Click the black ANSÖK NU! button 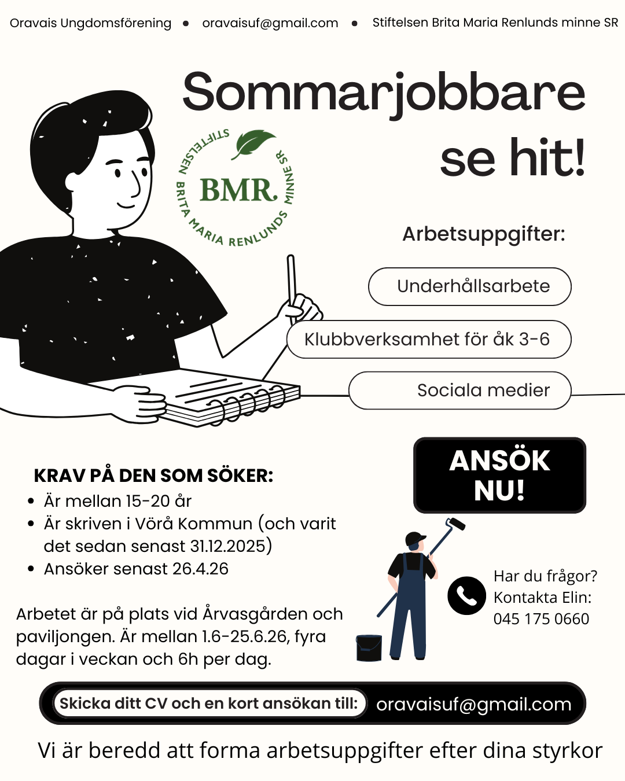coord(499,475)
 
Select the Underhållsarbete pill coord(470,286)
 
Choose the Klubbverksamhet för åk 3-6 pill coord(429,339)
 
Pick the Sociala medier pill coord(460,390)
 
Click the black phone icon coord(466,595)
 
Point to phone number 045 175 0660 coord(541,619)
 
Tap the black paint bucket coord(369,647)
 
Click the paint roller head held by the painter coord(455,524)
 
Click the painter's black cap coord(415,539)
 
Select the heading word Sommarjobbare coord(384,93)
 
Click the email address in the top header coord(270,23)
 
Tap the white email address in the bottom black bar coord(473,704)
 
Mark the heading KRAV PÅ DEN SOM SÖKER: coord(153,476)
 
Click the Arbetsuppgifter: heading coord(484,234)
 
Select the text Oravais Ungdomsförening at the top coord(91,23)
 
